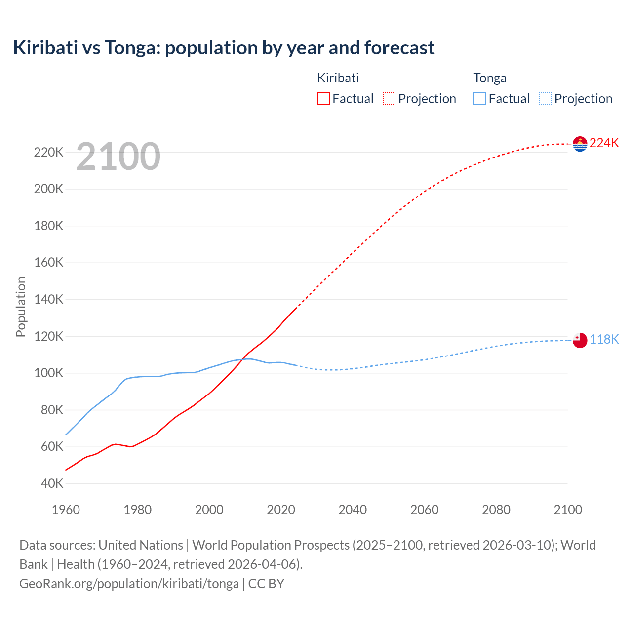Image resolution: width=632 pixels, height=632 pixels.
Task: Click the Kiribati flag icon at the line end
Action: pos(580,144)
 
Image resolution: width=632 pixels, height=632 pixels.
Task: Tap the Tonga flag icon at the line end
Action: pos(580,340)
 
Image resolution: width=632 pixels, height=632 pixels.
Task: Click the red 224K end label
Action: pos(604,143)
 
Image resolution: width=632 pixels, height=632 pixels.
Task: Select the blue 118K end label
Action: pos(604,339)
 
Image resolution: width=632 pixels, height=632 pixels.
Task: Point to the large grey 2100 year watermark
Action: pos(118,157)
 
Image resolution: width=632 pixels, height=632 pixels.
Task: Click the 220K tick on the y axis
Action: pos(49,152)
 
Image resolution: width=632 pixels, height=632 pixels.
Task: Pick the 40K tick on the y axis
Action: pos(51,483)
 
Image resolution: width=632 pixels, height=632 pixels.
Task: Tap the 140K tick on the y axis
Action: pos(49,299)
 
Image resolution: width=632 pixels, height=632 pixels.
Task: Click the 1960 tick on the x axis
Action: pos(66,510)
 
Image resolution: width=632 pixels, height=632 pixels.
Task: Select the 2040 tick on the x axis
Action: pos(353,510)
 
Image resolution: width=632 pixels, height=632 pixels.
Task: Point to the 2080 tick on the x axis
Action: pos(496,510)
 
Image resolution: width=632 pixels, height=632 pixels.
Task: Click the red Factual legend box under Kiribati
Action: pos(323,98)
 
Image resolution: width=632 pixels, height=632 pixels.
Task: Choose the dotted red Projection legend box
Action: pos(389,98)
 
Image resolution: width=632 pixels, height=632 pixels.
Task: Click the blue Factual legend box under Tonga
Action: pos(479,98)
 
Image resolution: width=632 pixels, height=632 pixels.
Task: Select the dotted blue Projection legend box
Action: pos(546,98)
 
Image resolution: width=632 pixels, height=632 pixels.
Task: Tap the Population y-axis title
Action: pos(21,307)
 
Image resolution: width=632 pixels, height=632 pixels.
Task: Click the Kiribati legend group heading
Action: pos(338,78)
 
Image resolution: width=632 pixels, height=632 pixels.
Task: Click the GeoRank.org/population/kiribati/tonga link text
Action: pos(129,584)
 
